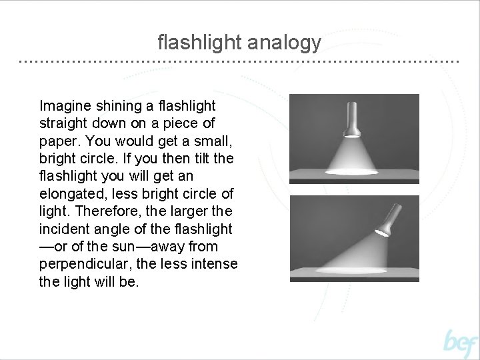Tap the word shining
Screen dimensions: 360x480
(118, 106)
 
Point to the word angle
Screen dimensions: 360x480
(115, 229)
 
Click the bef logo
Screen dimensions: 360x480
(461, 343)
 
